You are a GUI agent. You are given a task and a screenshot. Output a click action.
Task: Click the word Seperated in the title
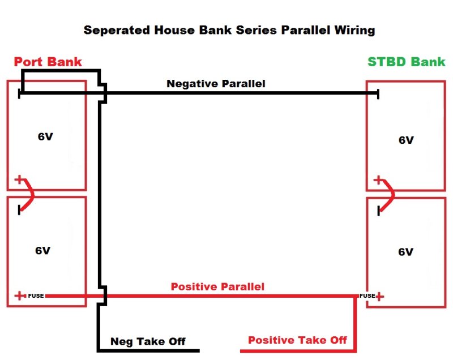click(x=117, y=31)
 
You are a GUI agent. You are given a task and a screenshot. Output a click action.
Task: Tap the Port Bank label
click(x=48, y=62)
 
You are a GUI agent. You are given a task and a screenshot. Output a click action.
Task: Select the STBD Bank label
click(x=406, y=62)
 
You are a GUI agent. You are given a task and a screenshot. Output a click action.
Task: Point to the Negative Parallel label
click(x=216, y=83)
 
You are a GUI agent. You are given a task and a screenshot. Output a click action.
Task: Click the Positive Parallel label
click(x=217, y=286)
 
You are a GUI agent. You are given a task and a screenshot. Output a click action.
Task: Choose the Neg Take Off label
click(x=148, y=341)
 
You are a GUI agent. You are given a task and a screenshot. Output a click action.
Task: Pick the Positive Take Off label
click(x=297, y=340)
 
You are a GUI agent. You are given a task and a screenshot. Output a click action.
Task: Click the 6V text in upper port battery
click(x=45, y=136)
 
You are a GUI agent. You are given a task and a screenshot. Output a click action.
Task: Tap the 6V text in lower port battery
click(x=43, y=250)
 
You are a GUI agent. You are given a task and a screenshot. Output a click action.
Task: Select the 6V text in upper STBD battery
click(x=406, y=140)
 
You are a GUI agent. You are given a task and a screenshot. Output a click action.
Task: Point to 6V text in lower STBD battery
click(x=405, y=252)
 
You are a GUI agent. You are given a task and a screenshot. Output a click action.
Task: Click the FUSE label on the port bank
click(x=36, y=295)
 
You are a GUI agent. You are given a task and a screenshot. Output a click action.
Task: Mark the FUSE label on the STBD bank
click(x=367, y=295)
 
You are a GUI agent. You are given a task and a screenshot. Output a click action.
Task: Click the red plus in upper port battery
click(x=19, y=179)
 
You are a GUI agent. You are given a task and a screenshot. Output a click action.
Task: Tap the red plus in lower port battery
click(x=20, y=295)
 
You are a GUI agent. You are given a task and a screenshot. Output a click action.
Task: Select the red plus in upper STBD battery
click(x=378, y=180)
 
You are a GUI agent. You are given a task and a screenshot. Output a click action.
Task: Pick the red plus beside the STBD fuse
click(x=379, y=296)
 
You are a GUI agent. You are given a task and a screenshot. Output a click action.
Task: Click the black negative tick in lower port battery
click(x=19, y=210)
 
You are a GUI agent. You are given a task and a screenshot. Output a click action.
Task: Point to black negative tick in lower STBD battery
click(x=378, y=211)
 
